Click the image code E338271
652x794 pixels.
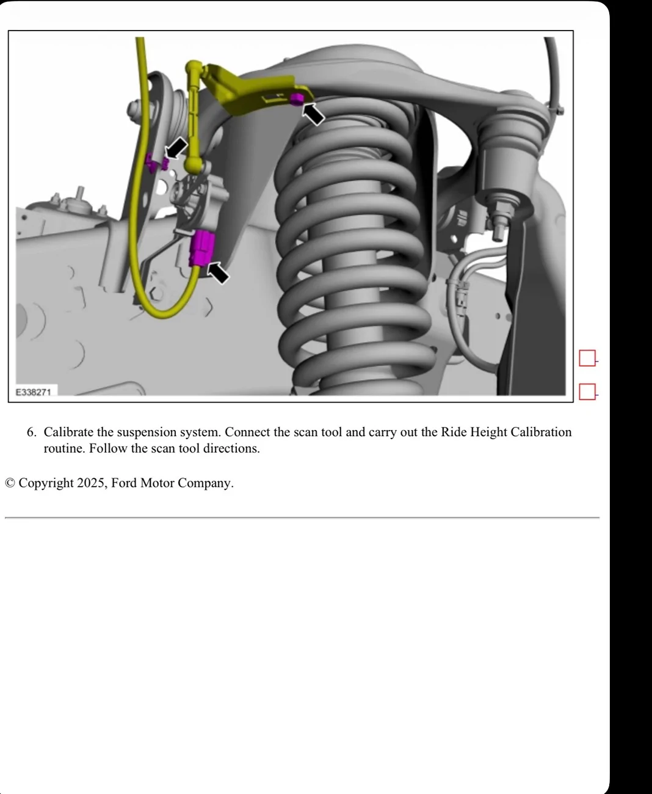point(34,392)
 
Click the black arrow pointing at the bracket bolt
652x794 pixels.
point(314,114)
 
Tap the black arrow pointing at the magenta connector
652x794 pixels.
point(218,272)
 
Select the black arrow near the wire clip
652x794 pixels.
point(176,147)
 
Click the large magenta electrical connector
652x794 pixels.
point(201,248)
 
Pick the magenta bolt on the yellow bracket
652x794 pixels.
point(297,98)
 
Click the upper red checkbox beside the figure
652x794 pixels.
point(587,359)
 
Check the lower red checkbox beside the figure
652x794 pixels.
point(587,392)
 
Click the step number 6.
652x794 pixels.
point(31,432)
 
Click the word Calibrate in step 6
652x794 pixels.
point(68,432)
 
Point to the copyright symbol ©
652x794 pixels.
point(10,483)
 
